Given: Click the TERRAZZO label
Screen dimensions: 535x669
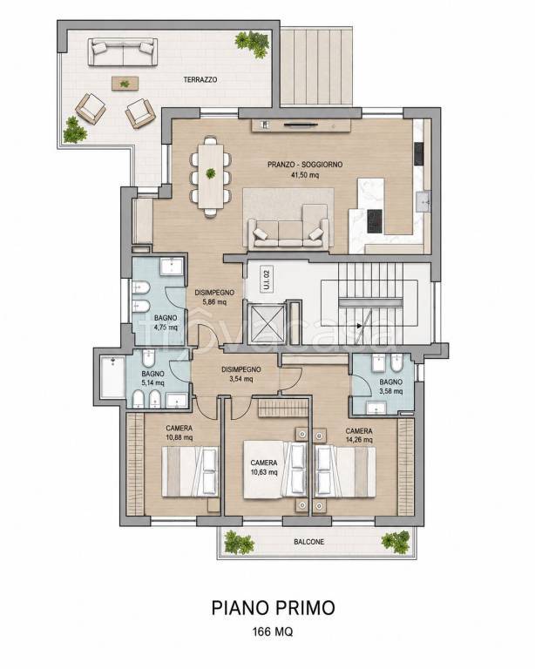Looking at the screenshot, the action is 200,79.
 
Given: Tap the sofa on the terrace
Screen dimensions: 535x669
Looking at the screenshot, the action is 123,51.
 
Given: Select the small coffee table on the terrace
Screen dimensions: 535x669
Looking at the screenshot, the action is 125,84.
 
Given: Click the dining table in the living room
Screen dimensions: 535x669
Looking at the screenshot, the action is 211,176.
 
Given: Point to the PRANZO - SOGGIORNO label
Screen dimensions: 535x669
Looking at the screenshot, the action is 305,165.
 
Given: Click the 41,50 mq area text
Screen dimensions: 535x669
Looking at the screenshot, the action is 305,174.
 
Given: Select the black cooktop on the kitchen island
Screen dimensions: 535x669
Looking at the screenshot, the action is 374,221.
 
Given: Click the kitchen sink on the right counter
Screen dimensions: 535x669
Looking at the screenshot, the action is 423,201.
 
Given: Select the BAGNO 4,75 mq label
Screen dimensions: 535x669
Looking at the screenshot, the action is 166,322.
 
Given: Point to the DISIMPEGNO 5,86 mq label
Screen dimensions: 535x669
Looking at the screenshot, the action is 214,297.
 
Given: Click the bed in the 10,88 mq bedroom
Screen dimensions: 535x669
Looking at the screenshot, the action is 189,471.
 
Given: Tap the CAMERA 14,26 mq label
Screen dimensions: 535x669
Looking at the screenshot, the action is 359,436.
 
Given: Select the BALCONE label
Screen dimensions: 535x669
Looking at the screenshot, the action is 308,542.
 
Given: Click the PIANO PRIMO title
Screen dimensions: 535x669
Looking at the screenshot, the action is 273,607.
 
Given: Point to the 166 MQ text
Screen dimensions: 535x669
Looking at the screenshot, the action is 273,632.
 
